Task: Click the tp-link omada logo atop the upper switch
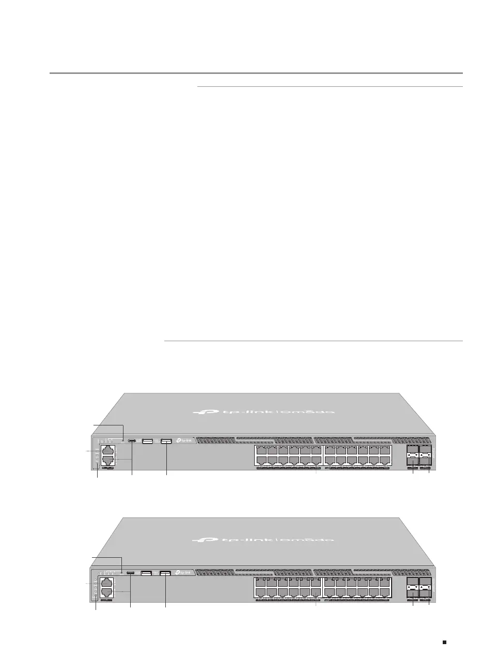tap(263, 412)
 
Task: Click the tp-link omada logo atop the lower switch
tap(263, 539)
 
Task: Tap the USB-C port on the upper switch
tap(132, 441)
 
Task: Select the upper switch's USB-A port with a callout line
tap(166, 441)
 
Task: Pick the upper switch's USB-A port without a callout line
tap(147, 441)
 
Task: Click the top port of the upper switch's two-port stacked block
tap(106, 450)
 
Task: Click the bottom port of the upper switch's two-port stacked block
tap(106, 460)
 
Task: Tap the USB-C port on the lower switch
tap(131, 573)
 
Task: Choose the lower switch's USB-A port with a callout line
tap(165, 573)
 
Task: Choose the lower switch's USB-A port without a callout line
tap(146, 573)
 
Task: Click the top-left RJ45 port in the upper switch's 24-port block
tap(260, 450)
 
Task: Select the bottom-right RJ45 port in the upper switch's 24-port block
tap(385, 460)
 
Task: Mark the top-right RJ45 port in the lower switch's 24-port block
tap(385, 582)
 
